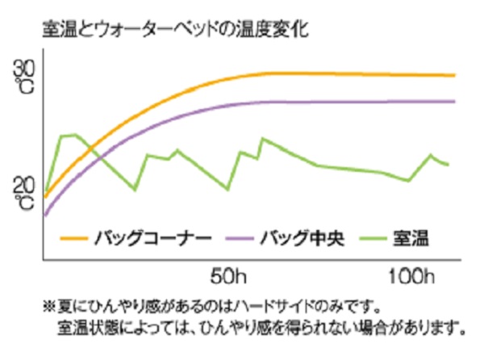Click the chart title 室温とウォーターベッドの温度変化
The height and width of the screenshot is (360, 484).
point(175,31)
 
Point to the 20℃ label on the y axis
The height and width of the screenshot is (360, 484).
point(24,194)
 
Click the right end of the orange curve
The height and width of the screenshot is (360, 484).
point(455,75)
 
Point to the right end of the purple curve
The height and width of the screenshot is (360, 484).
point(455,101)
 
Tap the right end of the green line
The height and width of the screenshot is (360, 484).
point(448,165)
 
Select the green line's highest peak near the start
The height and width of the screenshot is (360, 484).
point(74,135)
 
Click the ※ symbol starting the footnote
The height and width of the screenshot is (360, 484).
point(48,308)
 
